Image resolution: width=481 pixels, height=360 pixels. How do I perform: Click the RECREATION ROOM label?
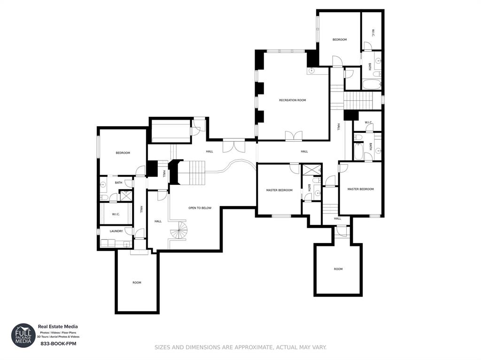pyautogui.click(x=292, y=100)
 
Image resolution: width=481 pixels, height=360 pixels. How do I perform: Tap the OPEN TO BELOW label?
pyautogui.click(x=200, y=207)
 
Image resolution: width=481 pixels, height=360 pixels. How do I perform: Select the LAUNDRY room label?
pyautogui.click(x=116, y=231)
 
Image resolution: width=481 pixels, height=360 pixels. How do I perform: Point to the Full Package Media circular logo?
pyautogui.click(x=23, y=336)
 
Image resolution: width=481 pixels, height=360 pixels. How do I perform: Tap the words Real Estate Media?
pyautogui.click(x=58, y=327)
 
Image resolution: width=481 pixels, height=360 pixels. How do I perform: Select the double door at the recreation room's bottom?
pyautogui.click(x=294, y=136)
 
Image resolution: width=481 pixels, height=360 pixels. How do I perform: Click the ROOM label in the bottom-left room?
pyautogui.click(x=137, y=283)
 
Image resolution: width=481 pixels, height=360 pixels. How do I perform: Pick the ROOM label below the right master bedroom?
pyautogui.click(x=338, y=269)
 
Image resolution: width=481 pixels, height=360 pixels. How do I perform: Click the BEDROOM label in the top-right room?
pyautogui.click(x=340, y=39)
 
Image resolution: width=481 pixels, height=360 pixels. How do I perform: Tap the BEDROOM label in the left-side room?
pyautogui.click(x=123, y=153)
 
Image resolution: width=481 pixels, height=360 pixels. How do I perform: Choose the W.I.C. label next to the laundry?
pyautogui.click(x=116, y=214)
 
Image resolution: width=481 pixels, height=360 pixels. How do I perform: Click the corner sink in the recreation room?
pyautogui.click(x=312, y=71)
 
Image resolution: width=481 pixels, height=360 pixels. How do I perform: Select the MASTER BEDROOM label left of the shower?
pyautogui.click(x=279, y=190)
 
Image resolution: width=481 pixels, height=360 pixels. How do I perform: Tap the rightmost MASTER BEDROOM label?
pyautogui.click(x=360, y=189)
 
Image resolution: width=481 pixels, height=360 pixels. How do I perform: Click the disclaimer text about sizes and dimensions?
pyautogui.click(x=240, y=347)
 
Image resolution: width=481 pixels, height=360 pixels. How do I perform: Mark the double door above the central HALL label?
pyautogui.click(x=233, y=145)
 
